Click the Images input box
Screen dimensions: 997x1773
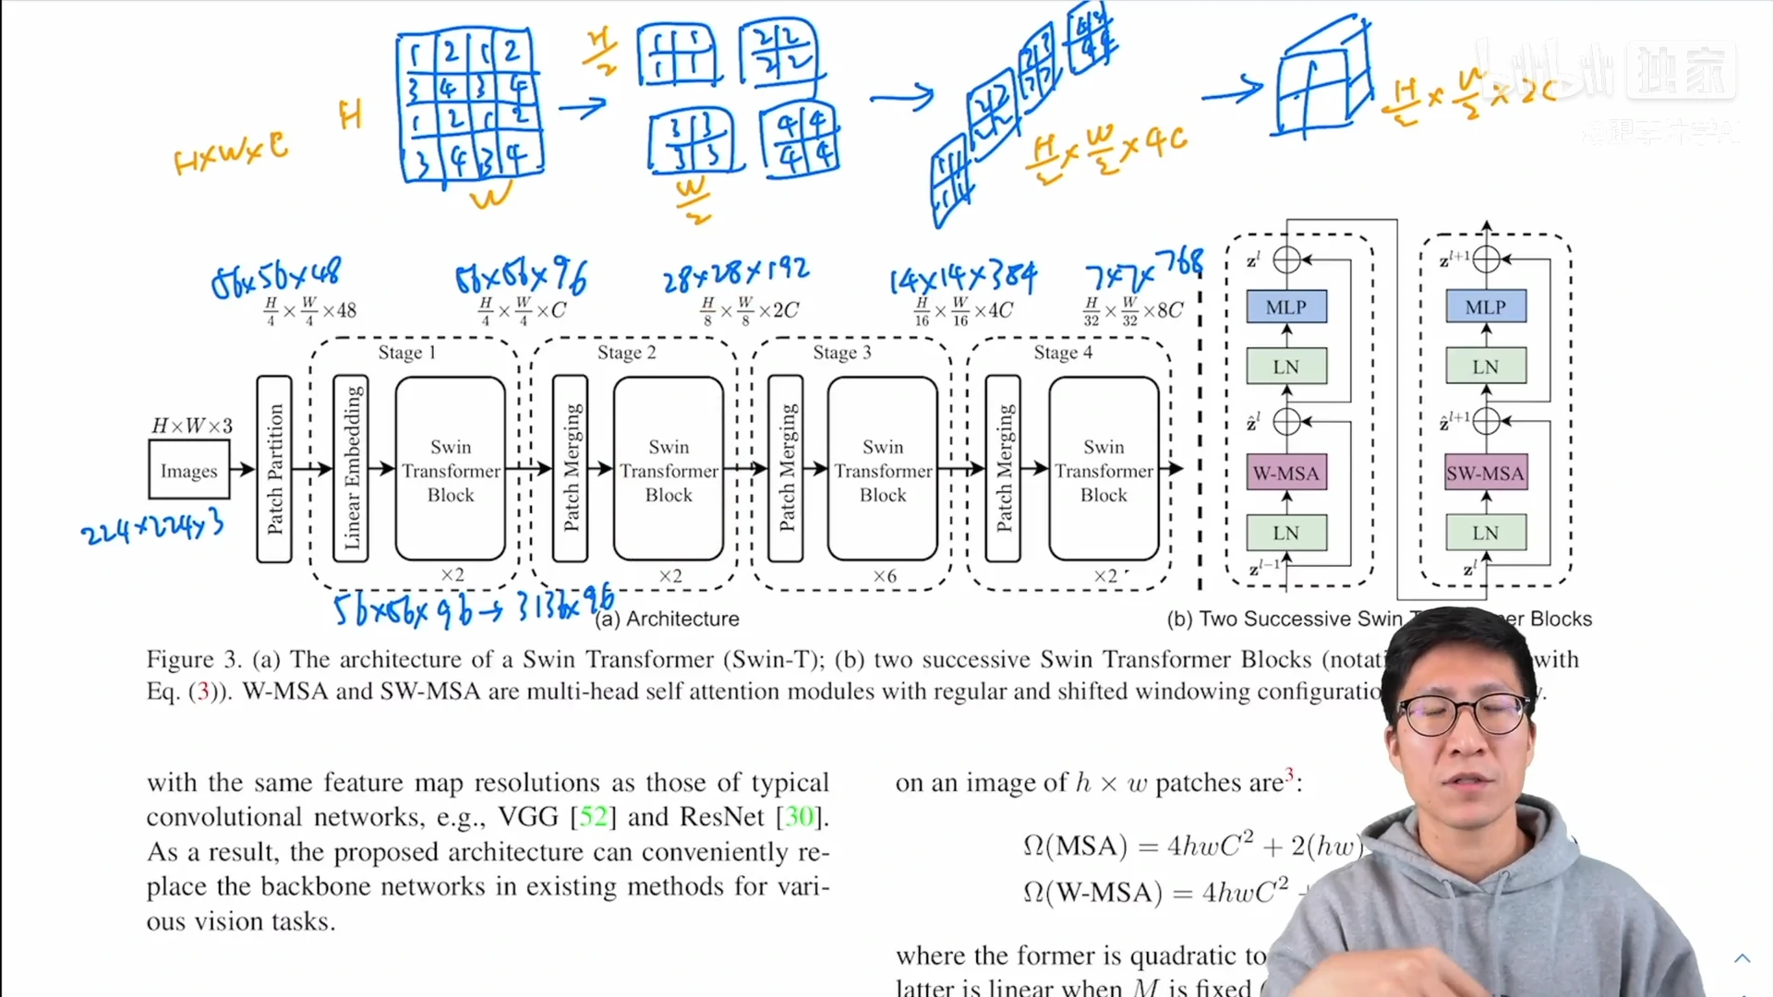click(x=188, y=470)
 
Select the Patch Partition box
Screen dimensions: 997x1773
click(x=274, y=469)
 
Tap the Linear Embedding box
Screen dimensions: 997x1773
click(x=351, y=469)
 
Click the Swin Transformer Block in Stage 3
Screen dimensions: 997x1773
click(x=883, y=469)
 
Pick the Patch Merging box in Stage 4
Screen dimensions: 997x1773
click(x=1003, y=469)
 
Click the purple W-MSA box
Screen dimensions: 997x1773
click(x=1285, y=474)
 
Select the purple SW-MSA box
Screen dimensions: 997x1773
click(x=1485, y=474)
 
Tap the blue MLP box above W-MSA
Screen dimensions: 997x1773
click(x=1285, y=306)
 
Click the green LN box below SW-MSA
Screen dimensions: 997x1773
click(x=1485, y=533)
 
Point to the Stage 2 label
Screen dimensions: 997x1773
click(x=626, y=353)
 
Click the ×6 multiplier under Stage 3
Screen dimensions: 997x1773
click(x=884, y=576)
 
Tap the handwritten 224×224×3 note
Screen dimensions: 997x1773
click(x=152, y=528)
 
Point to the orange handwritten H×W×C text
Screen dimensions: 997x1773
click(x=231, y=153)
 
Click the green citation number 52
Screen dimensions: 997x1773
click(x=593, y=817)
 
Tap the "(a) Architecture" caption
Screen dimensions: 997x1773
click(x=667, y=619)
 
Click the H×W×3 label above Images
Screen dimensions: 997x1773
click(x=192, y=426)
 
